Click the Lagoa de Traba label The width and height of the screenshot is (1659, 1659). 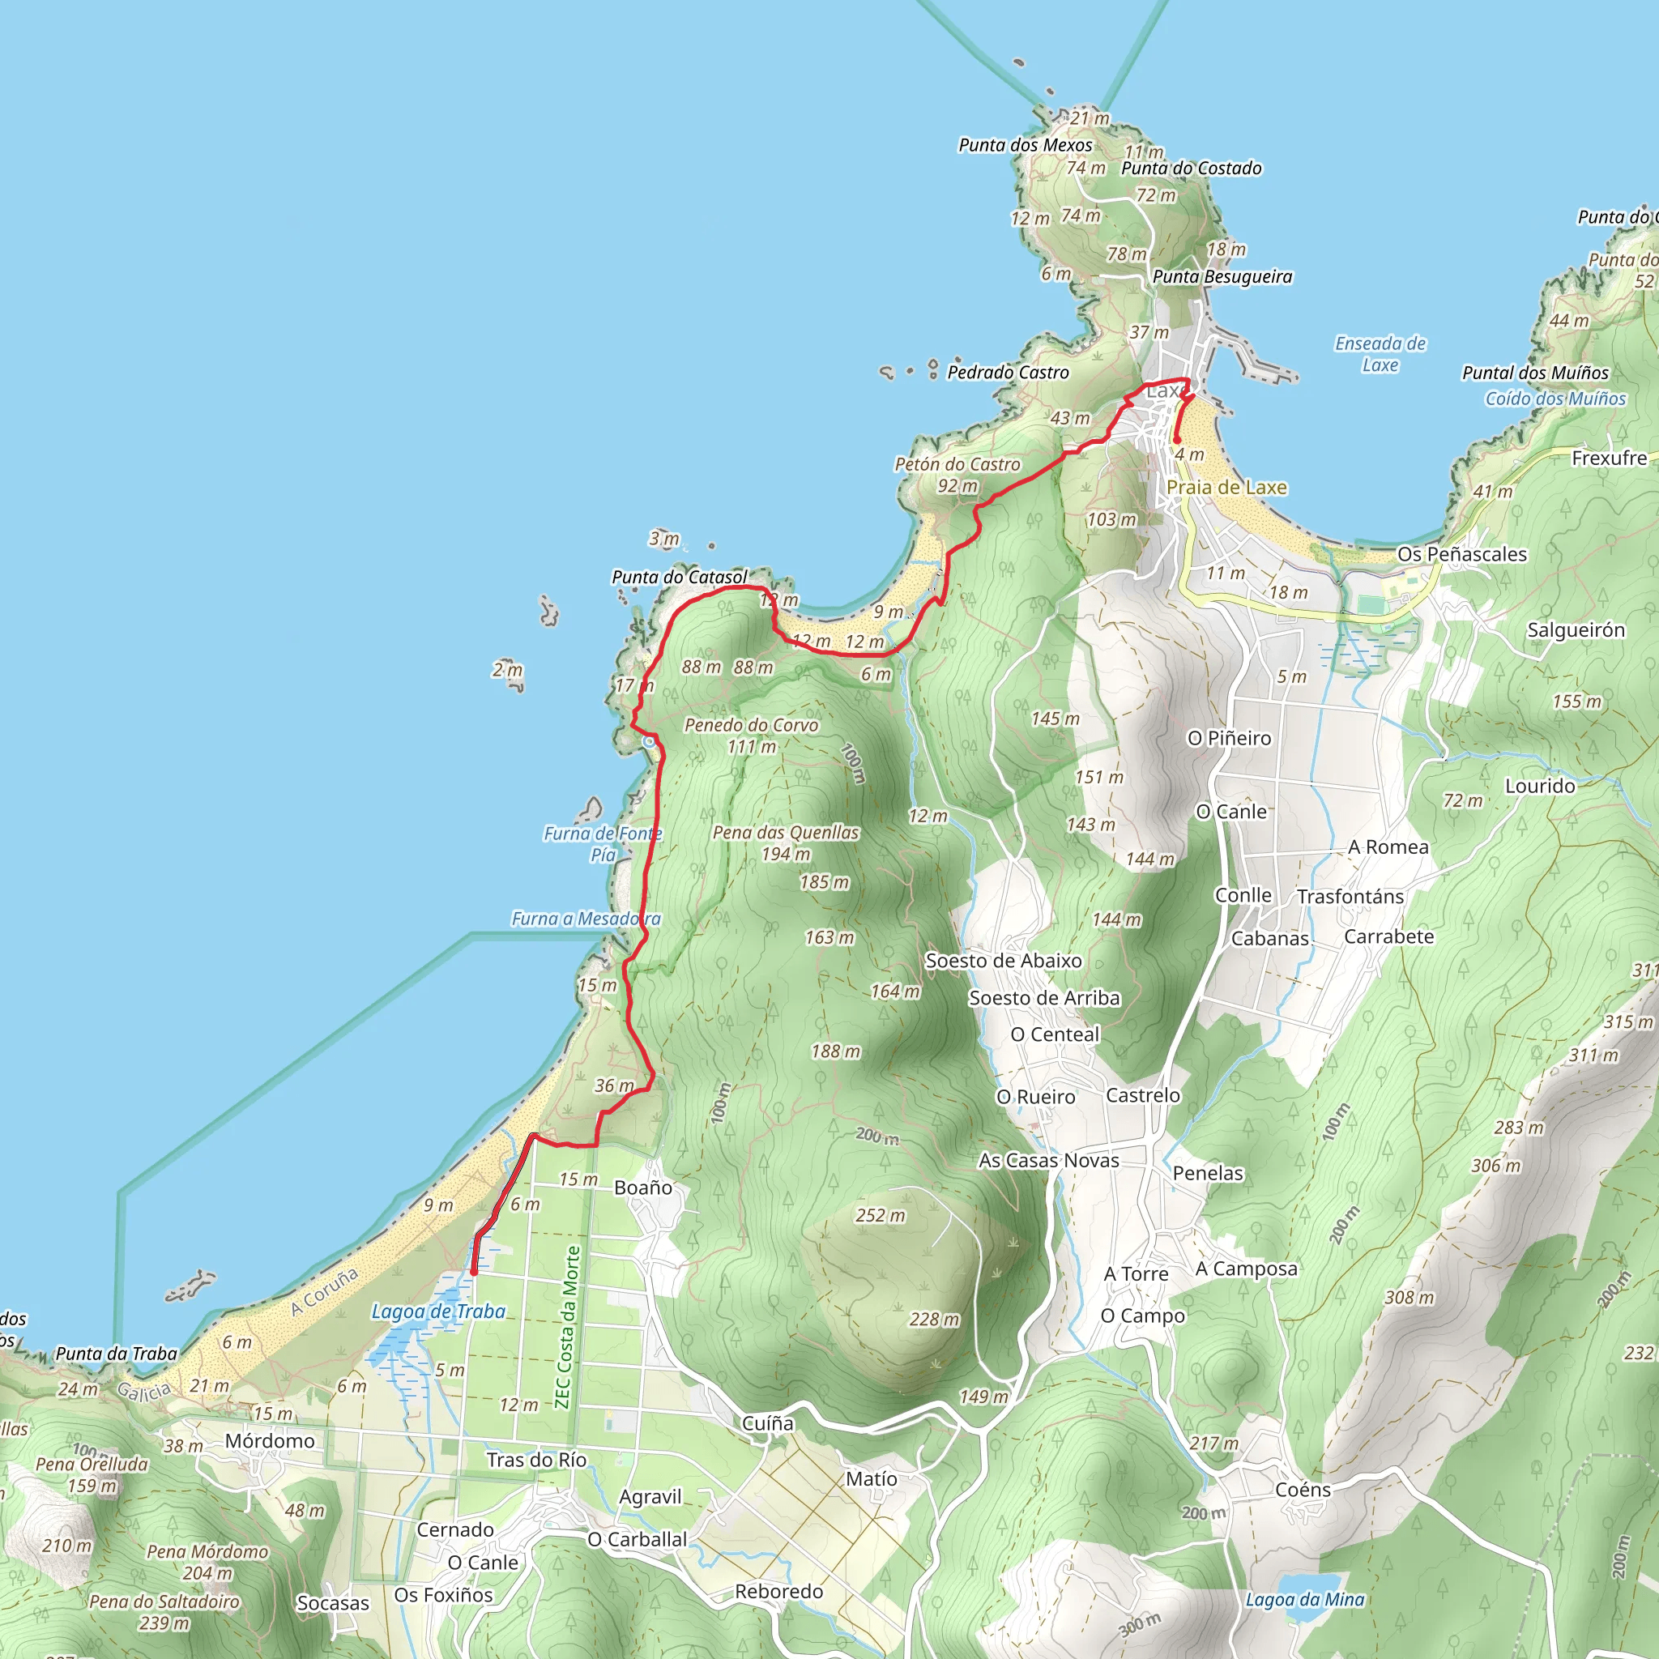tap(438, 1311)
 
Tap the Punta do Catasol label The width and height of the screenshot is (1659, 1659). tap(679, 577)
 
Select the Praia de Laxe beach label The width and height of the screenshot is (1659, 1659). tap(1226, 487)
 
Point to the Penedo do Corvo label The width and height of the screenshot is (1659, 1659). tap(752, 725)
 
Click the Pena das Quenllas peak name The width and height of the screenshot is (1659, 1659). tap(786, 832)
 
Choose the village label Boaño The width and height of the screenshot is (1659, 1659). tap(643, 1188)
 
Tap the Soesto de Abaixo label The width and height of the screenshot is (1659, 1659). tap(1003, 961)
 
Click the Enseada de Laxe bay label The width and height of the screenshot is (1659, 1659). tap(1380, 354)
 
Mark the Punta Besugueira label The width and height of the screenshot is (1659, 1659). tap(1222, 276)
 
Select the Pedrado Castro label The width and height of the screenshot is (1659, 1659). tap(1008, 373)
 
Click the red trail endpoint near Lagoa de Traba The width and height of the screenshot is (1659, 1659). tap(473, 1272)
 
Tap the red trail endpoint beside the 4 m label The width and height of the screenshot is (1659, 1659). tap(1176, 441)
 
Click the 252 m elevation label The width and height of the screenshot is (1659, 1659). tap(881, 1215)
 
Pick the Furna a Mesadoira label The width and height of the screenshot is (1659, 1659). tap(586, 919)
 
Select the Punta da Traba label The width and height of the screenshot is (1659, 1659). tap(116, 1354)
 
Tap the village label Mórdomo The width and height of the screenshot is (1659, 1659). tap(270, 1441)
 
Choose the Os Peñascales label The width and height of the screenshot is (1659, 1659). tap(1461, 554)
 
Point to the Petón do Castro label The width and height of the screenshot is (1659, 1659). tap(957, 464)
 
